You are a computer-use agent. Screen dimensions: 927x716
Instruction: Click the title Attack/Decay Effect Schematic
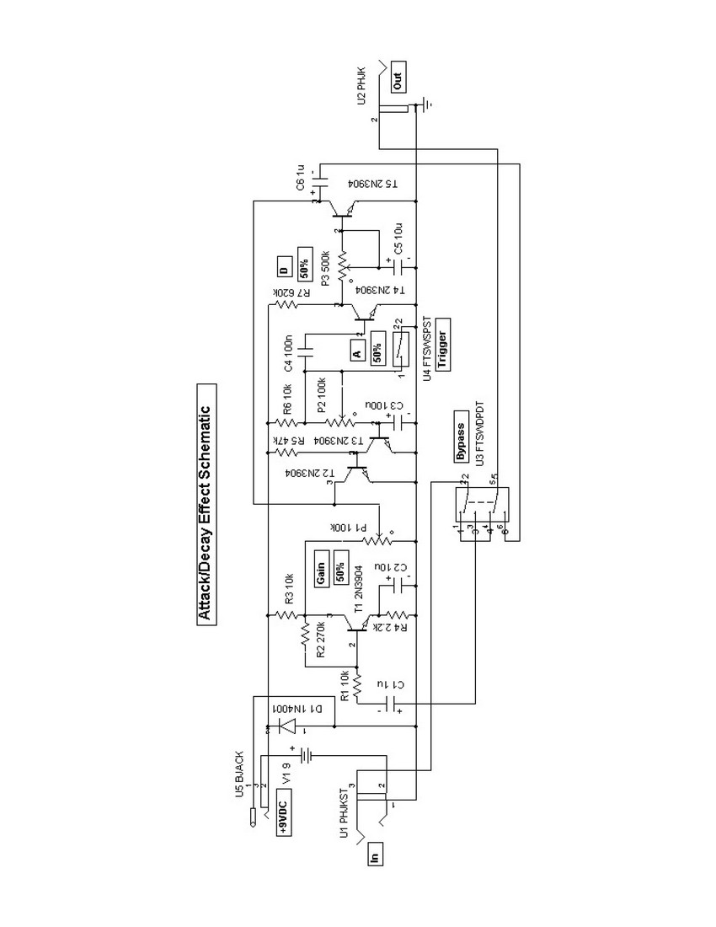(x=203, y=505)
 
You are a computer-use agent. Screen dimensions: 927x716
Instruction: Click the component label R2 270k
(x=321, y=641)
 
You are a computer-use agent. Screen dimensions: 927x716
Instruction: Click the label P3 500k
(x=324, y=261)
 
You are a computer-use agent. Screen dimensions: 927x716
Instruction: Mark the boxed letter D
(x=284, y=271)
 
